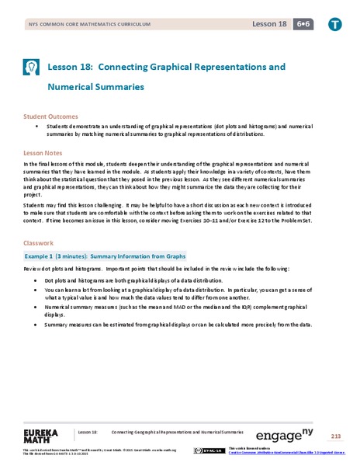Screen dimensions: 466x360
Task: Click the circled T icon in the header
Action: click(x=335, y=24)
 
